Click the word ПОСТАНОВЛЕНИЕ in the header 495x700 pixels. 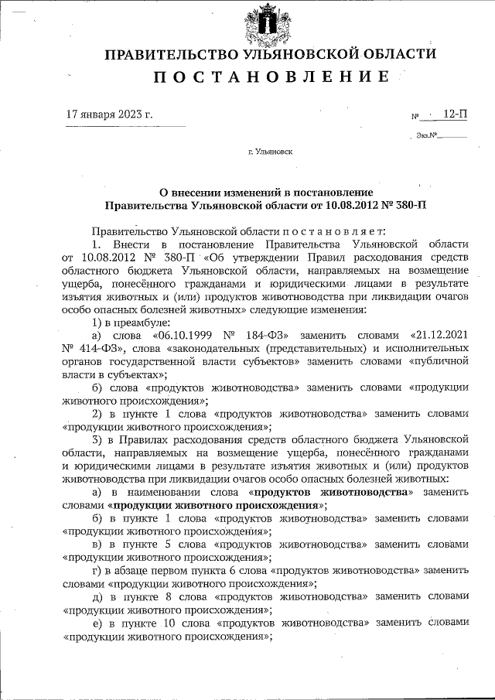270,77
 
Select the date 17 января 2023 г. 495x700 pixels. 109,114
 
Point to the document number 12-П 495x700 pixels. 455,114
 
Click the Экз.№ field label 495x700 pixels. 426,136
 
